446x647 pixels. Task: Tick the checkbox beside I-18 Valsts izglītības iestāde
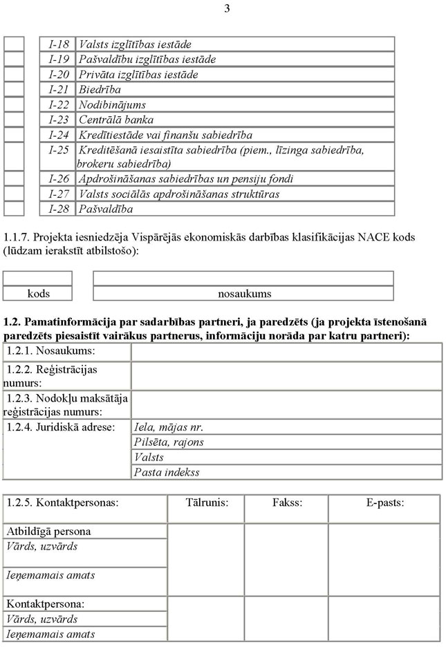(14, 44)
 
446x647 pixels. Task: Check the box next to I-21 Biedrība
(14, 89)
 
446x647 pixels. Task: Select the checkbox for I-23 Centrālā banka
(14, 120)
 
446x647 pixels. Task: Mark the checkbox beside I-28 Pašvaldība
(14, 208)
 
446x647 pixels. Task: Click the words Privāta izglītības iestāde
(138, 75)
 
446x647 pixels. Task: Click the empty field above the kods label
(38, 278)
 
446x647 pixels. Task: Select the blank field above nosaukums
(243, 278)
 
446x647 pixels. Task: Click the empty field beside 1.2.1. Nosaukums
(286, 352)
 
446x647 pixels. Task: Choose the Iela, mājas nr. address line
(169, 427)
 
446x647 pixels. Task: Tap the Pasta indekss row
(167, 472)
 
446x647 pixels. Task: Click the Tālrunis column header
(206, 503)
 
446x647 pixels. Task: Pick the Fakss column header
(287, 503)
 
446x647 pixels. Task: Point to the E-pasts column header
(385, 503)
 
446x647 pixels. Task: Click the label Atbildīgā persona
(48, 532)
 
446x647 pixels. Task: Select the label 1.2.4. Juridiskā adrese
(60, 427)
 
